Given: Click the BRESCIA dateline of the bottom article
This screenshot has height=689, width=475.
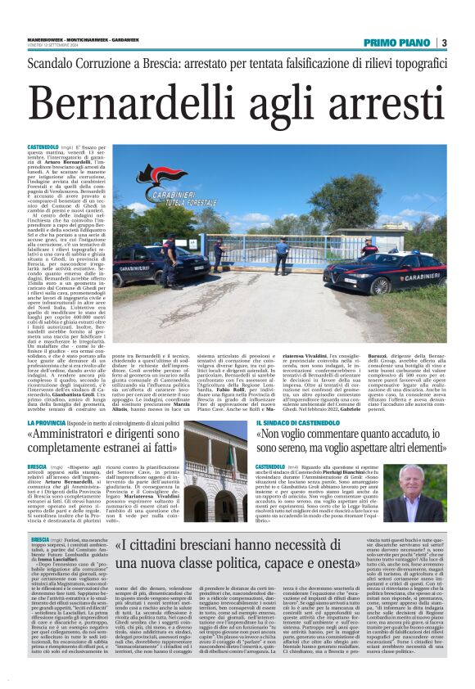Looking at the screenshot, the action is (40, 542).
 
